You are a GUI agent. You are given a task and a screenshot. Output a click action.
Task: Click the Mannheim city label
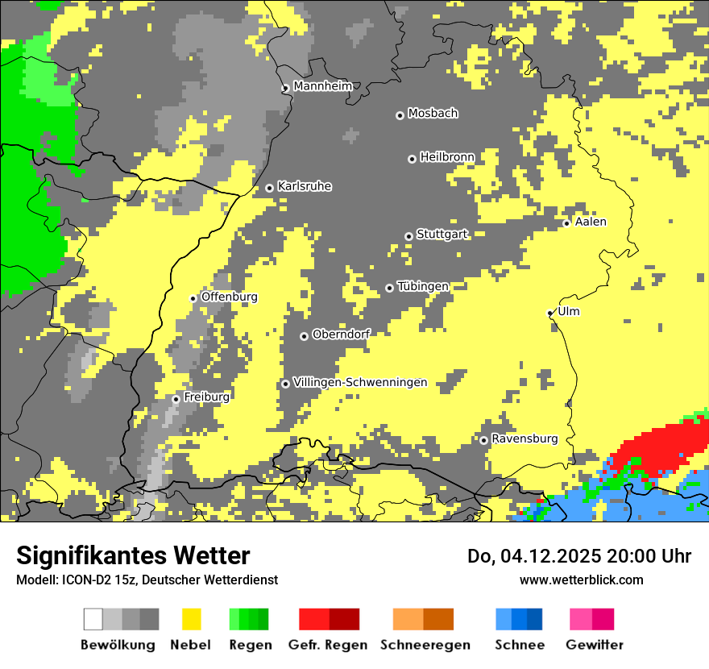click(x=322, y=86)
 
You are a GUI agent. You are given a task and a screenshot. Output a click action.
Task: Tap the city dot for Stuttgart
click(x=408, y=236)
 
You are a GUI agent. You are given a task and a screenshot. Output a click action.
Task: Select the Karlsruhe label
click(x=304, y=186)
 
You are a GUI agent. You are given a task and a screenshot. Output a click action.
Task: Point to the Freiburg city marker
click(x=176, y=399)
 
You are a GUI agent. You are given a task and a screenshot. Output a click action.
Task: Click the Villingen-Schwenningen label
click(x=360, y=382)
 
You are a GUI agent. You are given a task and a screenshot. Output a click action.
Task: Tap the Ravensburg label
click(x=524, y=438)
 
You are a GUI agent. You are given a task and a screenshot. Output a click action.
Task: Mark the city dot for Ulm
click(x=549, y=313)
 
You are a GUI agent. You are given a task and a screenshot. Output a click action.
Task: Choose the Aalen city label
click(x=591, y=222)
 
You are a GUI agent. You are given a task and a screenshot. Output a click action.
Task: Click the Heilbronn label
click(x=447, y=156)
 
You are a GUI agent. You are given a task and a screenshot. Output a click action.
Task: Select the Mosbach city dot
click(x=400, y=115)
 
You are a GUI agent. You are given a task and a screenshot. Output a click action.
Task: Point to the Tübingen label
click(x=423, y=286)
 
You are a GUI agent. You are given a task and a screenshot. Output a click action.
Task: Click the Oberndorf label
click(x=340, y=334)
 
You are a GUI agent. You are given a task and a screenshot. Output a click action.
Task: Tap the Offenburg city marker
click(x=193, y=298)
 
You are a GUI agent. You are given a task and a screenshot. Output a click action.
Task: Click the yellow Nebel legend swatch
click(x=191, y=619)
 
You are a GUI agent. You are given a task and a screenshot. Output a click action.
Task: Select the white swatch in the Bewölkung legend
click(x=93, y=619)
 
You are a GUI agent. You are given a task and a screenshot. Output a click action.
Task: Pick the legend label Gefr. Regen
click(x=328, y=645)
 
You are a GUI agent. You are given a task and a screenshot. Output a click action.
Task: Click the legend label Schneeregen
click(x=425, y=645)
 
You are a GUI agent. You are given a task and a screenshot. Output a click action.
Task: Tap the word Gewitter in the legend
click(x=594, y=645)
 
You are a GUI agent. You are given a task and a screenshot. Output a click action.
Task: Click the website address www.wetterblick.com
click(x=581, y=580)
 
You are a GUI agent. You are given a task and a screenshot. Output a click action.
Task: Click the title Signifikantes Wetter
click(x=133, y=555)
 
